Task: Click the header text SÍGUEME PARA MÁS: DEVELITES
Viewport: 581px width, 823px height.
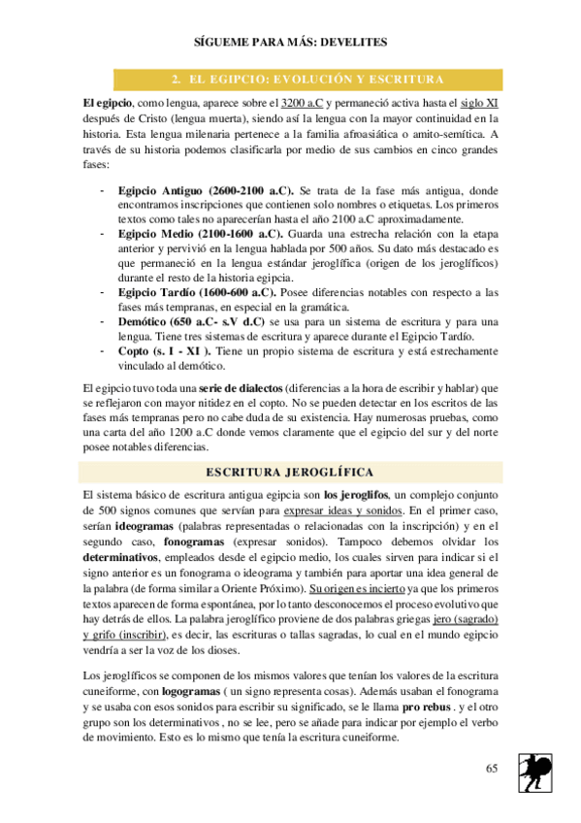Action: (290, 43)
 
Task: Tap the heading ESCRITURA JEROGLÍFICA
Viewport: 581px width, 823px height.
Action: (291, 472)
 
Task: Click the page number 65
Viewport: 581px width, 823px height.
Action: (492, 768)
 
